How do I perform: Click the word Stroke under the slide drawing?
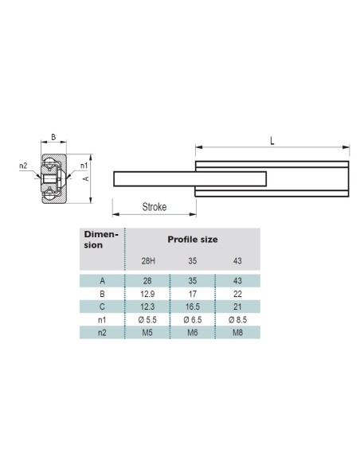pos(155,207)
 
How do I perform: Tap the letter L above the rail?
pos(272,141)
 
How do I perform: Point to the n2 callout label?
pos(23,166)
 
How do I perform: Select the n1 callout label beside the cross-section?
pos(84,166)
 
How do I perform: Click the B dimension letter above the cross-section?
pos(53,137)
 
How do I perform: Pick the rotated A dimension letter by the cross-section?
pos(86,178)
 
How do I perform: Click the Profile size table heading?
pos(193,240)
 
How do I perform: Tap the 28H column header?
pos(148,261)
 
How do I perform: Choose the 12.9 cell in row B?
pos(147,294)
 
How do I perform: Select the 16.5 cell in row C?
pos(193,307)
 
